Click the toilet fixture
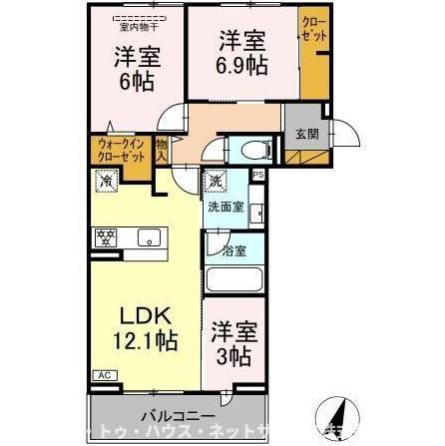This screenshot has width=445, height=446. (249, 150)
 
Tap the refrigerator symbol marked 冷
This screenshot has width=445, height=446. (106, 182)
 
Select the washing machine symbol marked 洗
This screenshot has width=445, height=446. (217, 183)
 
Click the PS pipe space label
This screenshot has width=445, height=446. (257, 176)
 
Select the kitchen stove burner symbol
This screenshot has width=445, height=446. (107, 237)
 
